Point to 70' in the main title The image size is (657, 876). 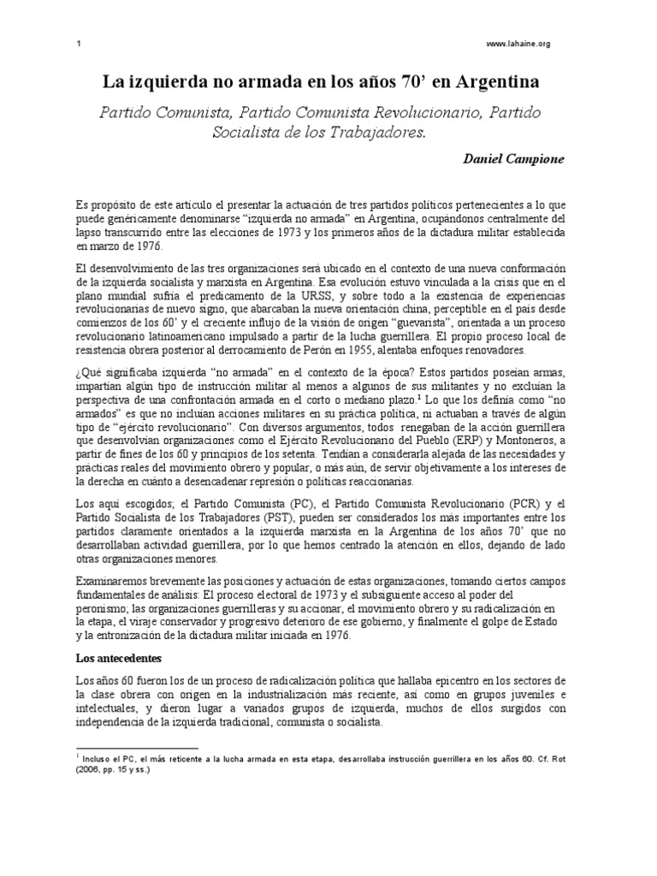pos(399,83)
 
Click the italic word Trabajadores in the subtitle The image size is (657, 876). pos(374,133)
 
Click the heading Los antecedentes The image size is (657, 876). pos(119,661)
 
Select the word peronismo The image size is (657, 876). pos(106,609)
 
